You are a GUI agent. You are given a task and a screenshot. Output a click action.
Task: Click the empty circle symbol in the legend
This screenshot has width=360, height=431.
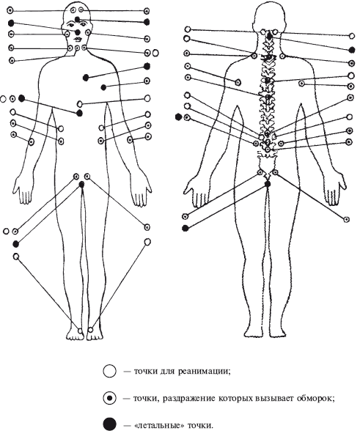(x=110, y=371)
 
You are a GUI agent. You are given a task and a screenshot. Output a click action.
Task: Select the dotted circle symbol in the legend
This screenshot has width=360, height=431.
(x=110, y=398)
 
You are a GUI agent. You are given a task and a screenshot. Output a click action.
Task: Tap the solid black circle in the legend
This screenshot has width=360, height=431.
(x=110, y=424)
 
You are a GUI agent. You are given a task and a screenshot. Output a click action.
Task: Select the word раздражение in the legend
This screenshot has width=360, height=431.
(x=189, y=399)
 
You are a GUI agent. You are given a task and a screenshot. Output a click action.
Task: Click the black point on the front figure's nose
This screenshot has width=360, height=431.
(x=78, y=32)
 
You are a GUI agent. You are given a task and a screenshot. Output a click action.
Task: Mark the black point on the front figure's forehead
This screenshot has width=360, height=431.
(x=78, y=19)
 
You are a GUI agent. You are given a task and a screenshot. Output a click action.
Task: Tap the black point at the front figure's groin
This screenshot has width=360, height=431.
(x=81, y=185)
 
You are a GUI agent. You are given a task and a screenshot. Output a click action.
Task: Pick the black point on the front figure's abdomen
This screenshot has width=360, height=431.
(x=80, y=113)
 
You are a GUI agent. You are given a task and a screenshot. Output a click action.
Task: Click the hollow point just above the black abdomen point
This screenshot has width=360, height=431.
(x=80, y=103)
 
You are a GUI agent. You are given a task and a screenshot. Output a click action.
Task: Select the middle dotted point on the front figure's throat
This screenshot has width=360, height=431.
(x=78, y=48)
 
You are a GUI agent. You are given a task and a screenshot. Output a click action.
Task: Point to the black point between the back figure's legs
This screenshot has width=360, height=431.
(x=268, y=184)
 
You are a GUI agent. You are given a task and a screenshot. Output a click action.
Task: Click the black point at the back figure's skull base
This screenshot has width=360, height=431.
(x=270, y=36)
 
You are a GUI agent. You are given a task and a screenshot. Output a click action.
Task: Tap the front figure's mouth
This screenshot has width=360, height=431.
(x=78, y=38)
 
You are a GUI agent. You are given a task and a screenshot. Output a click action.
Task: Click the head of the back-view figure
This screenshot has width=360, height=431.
(x=268, y=16)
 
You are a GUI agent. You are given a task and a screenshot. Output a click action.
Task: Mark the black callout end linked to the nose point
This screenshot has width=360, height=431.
(x=11, y=23)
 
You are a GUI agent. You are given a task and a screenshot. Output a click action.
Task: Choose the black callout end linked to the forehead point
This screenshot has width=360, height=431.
(x=147, y=22)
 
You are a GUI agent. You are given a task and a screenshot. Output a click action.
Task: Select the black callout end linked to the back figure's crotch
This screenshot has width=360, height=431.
(x=185, y=228)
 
